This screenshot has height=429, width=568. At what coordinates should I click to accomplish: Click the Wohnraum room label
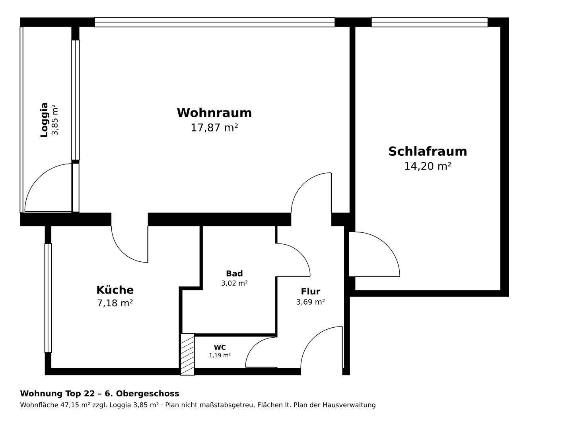(214, 113)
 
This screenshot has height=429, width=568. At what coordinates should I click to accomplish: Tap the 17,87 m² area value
(214, 128)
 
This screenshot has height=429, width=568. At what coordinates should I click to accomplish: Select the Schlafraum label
(428, 151)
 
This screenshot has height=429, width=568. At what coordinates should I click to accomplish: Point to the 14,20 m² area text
(428, 166)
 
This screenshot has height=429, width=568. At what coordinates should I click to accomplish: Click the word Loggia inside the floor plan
(44, 120)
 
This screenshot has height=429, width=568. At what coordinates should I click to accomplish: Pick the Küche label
(115, 290)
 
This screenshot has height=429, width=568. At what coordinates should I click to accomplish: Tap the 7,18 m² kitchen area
(115, 303)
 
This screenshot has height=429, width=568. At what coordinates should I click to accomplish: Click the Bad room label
(234, 273)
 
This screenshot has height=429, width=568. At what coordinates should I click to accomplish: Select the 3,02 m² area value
(234, 283)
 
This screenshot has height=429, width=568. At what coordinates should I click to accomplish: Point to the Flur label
(310, 292)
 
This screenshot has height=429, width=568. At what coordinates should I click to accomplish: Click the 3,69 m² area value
(310, 302)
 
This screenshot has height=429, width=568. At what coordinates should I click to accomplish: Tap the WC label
(220, 348)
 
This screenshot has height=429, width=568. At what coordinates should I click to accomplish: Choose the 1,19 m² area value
(220, 356)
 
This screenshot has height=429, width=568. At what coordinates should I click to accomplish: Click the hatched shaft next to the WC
(187, 354)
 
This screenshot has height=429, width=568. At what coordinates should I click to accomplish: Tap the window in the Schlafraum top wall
(430, 22)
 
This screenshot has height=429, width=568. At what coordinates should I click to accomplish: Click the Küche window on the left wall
(48, 298)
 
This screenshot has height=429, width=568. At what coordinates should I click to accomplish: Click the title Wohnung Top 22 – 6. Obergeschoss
(99, 394)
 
